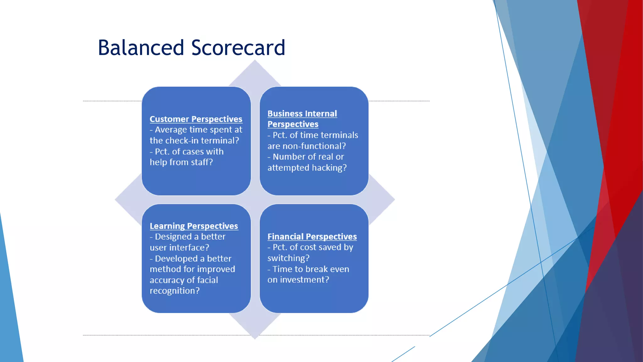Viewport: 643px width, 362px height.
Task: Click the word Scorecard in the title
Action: [x=238, y=48]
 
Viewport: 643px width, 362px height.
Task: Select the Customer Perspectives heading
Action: [x=196, y=119]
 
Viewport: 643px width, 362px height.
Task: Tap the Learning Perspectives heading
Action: [x=194, y=226]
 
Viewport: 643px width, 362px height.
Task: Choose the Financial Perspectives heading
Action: [x=312, y=237]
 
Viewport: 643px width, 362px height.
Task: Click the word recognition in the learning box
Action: [x=174, y=291]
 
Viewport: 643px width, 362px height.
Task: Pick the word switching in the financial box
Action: [x=288, y=258]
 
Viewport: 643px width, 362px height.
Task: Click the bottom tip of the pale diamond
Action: [x=255, y=338]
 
